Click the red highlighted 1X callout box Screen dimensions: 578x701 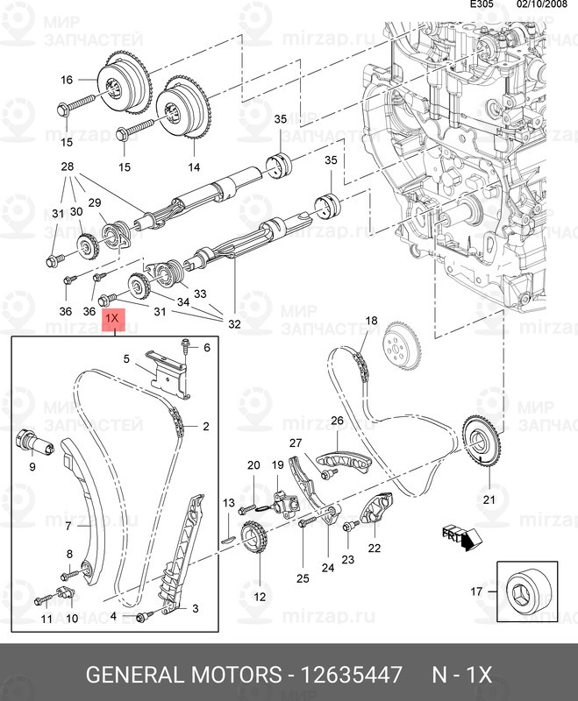pyautogui.click(x=115, y=319)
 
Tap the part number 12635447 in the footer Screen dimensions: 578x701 pyautogui.click(x=351, y=674)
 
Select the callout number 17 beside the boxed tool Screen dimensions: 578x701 pyautogui.click(x=476, y=591)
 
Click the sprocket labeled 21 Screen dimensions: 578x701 pyautogui.click(x=482, y=442)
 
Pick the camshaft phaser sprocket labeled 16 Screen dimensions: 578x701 pyautogui.click(x=124, y=84)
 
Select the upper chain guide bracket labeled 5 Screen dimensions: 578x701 pyautogui.click(x=168, y=374)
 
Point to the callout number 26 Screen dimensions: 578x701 pyautogui.click(x=337, y=421)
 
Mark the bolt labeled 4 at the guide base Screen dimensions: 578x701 pyautogui.click(x=144, y=617)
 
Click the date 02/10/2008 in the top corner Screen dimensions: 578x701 pyautogui.click(x=542, y=4)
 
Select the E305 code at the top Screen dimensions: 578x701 pyautogui.click(x=482, y=4)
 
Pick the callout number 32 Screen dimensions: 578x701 pyautogui.click(x=234, y=323)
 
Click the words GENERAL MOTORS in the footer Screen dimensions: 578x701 pyautogui.click(x=183, y=674)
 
